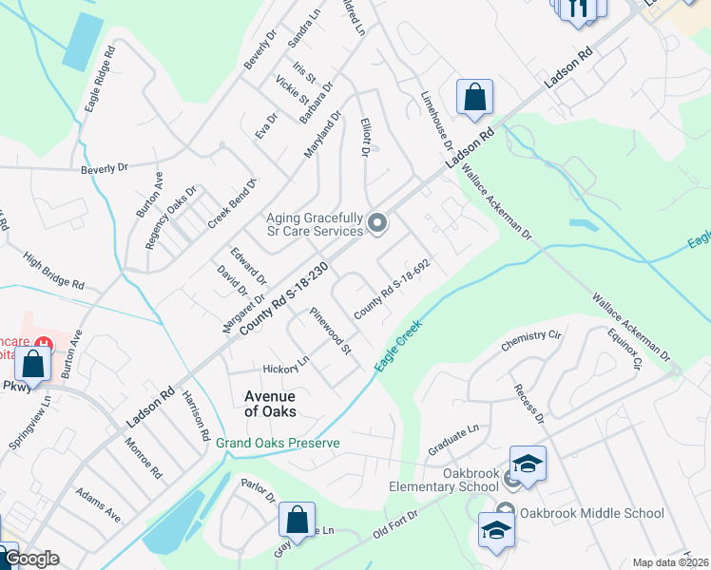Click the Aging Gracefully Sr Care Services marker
(x=377, y=224)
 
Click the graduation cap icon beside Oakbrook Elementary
(x=528, y=464)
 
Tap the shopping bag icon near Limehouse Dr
(x=474, y=98)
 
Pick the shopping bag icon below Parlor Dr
(x=297, y=521)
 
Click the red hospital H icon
(x=42, y=342)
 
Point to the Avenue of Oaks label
(x=270, y=404)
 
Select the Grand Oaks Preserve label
(x=277, y=444)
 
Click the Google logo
(x=30, y=559)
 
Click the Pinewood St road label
(x=330, y=332)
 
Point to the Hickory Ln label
(x=286, y=365)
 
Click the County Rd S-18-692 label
(x=400, y=289)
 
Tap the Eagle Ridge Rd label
(x=100, y=81)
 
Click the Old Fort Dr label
(x=395, y=525)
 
